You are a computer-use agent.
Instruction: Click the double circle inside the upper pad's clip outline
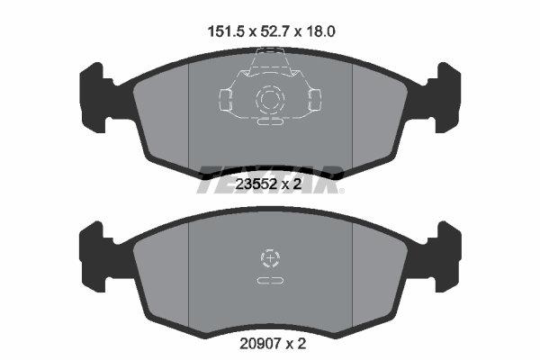point(269,98)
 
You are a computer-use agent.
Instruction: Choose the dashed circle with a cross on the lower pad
point(269,259)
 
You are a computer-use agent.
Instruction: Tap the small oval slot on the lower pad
point(269,282)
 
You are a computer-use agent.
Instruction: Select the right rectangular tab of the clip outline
point(314,97)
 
